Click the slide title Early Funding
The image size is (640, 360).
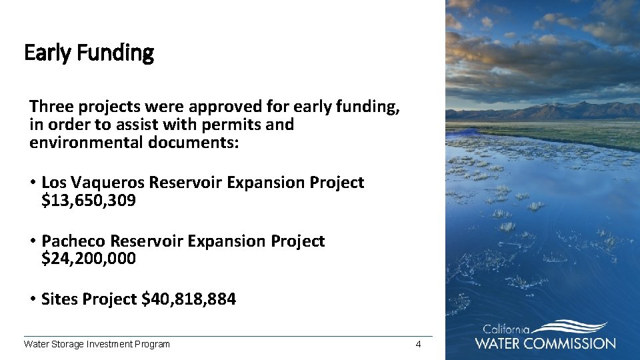89,53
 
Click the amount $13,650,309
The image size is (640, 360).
89,200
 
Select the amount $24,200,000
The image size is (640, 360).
89,259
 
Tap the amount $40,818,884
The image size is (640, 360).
189,299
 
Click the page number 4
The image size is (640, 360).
418,344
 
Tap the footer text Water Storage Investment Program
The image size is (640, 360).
97,344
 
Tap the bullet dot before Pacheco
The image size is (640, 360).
32,241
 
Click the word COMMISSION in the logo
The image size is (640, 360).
571,343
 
